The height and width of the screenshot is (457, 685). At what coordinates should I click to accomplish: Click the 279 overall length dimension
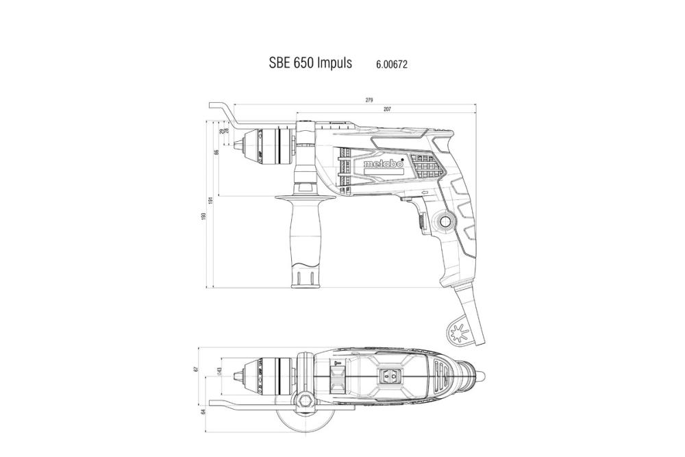pyautogui.click(x=369, y=101)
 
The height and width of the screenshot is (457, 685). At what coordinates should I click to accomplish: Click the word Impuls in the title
pyautogui.click(x=332, y=63)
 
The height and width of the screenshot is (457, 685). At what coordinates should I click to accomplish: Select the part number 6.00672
pyautogui.click(x=393, y=64)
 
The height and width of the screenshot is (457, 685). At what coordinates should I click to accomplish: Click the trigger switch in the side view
pyautogui.click(x=419, y=221)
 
